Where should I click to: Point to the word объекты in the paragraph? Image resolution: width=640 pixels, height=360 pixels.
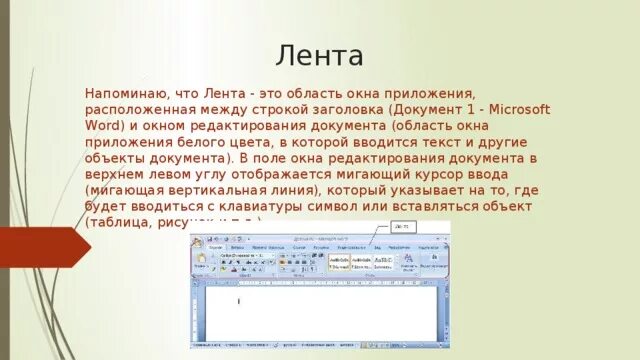pos(116,158)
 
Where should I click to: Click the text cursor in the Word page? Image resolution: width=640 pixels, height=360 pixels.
pos(238,300)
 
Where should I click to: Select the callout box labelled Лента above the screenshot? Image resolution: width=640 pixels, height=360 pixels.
pos(403,228)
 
